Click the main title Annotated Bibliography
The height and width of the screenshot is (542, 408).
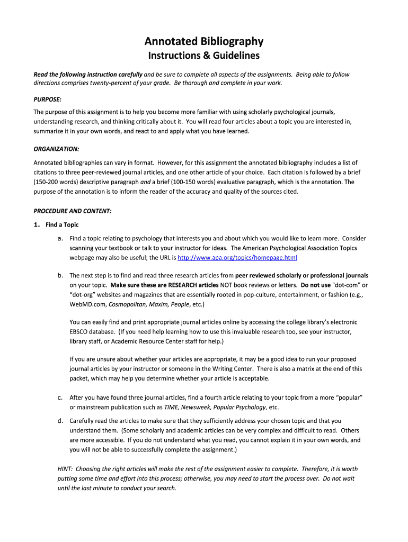(x=204, y=41)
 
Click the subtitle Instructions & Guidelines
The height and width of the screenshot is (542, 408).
(x=204, y=56)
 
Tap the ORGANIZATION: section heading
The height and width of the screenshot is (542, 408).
(x=56, y=149)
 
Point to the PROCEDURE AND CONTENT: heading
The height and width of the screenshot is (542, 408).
(x=73, y=211)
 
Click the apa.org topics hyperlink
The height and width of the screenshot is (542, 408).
(x=237, y=258)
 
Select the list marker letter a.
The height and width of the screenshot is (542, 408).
(x=60, y=239)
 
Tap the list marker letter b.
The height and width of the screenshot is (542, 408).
(x=60, y=276)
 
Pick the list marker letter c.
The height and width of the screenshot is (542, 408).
(x=60, y=398)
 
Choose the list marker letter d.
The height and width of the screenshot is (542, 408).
(x=60, y=421)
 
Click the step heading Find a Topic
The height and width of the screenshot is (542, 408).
(x=62, y=225)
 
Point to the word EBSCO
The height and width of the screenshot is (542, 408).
(x=79, y=332)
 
